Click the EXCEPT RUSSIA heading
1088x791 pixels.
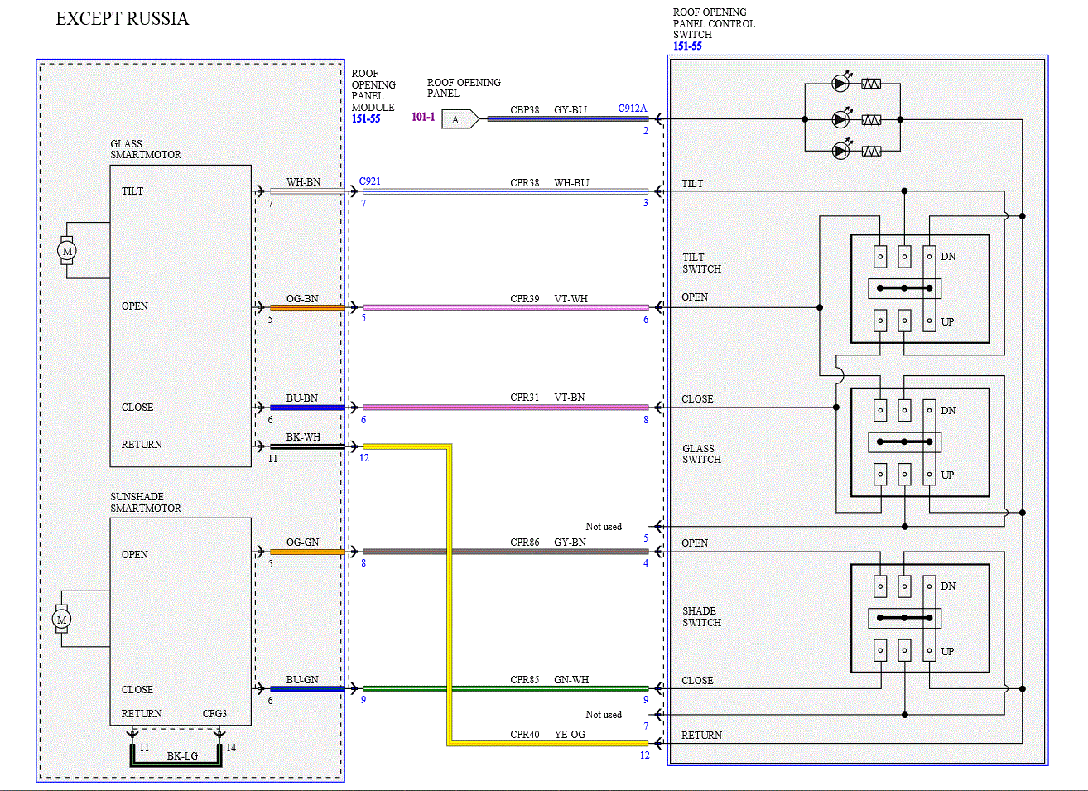click(x=122, y=18)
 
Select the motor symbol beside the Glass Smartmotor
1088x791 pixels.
click(x=67, y=251)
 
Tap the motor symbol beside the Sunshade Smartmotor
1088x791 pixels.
click(x=61, y=619)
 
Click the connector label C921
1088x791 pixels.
click(x=369, y=181)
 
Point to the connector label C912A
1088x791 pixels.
click(x=632, y=109)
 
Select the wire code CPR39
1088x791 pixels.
click(x=524, y=299)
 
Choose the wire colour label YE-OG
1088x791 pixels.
click(x=570, y=735)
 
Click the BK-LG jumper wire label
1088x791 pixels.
click(x=182, y=756)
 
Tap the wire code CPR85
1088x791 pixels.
click(x=524, y=680)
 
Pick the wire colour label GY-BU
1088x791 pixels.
click(x=570, y=110)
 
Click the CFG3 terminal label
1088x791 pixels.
click(x=214, y=714)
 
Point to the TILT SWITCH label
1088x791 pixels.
click(x=701, y=263)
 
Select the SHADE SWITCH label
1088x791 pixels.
click(x=701, y=616)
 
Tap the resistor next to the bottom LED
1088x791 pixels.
click(x=871, y=151)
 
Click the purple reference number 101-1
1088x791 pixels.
click(x=423, y=117)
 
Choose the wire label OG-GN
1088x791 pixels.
click(x=302, y=543)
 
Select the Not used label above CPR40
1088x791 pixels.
click(x=604, y=715)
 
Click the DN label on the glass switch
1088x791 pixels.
click(x=947, y=411)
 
